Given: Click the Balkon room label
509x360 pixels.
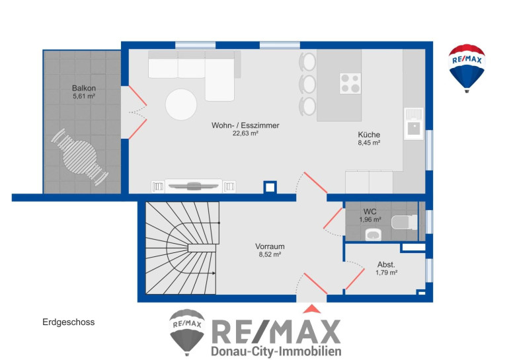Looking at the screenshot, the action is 84,88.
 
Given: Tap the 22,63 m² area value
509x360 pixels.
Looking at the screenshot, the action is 245,133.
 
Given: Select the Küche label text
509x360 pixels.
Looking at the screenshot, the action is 369,135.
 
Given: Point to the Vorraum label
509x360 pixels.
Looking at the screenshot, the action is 270,246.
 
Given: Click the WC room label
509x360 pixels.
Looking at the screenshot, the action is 370,212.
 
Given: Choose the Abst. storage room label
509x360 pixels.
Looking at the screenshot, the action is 386,264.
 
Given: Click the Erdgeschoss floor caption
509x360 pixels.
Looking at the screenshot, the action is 69,322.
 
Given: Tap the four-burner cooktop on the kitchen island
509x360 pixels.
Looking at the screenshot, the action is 350,83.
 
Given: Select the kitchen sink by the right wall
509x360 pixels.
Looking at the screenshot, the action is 414,124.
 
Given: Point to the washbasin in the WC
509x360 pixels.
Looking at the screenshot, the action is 373,234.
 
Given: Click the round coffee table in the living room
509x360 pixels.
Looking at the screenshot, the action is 181,105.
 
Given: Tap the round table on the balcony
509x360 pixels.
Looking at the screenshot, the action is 80,157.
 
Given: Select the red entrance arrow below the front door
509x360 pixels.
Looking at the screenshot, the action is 311,308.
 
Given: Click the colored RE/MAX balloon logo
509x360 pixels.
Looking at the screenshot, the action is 467,68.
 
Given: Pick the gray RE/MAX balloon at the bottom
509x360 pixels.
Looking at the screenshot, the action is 187,332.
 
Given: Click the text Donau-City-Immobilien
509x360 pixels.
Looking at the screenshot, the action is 276,351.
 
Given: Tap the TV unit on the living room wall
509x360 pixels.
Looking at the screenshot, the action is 194,186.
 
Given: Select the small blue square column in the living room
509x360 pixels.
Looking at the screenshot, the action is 270,188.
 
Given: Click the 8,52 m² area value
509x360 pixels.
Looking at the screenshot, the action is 270,254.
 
